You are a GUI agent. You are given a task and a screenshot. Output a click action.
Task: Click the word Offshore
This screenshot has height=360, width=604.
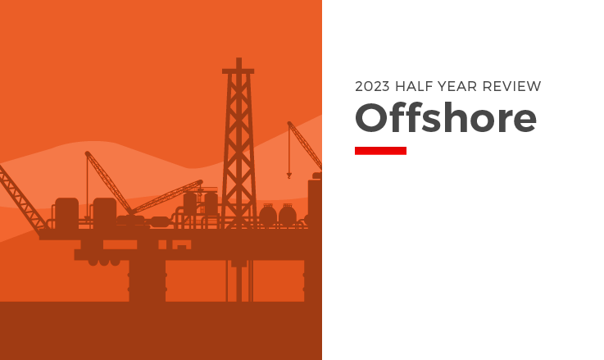point(445,118)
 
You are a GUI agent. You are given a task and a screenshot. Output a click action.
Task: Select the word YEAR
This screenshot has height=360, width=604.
point(465,86)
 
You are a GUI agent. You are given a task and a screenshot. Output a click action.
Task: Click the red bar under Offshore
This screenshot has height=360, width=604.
point(380,150)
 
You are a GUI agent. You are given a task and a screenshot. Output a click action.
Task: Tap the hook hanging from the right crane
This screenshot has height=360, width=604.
point(288,175)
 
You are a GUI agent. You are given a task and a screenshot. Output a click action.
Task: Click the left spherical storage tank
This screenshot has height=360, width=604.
point(268,216)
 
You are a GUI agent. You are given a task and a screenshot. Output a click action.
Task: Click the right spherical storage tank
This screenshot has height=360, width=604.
point(288,216)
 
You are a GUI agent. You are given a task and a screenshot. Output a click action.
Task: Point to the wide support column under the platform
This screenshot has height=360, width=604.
point(148,275)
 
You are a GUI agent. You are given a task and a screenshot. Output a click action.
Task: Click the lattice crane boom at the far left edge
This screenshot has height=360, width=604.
point(20,197)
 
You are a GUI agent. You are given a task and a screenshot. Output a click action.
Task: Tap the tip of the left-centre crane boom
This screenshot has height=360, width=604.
point(87,153)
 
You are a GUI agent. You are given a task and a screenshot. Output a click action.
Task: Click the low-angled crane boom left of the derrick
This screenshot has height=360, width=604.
point(168,196)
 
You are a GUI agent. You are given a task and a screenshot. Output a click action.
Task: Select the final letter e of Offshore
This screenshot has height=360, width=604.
point(525,121)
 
